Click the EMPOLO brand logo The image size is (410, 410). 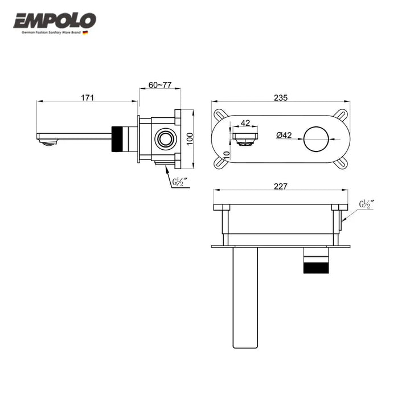(55, 20)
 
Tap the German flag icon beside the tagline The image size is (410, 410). (85, 32)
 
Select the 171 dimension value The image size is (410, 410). (87, 97)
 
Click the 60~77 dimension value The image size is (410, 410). (160, 85)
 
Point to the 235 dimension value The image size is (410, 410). (281, 97)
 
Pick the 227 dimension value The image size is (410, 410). (280, 186)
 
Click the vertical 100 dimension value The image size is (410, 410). (190, 139)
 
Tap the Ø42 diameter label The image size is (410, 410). (284, 135)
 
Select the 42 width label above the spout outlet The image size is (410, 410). (245, 122)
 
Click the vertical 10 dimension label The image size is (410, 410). (227, 155)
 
